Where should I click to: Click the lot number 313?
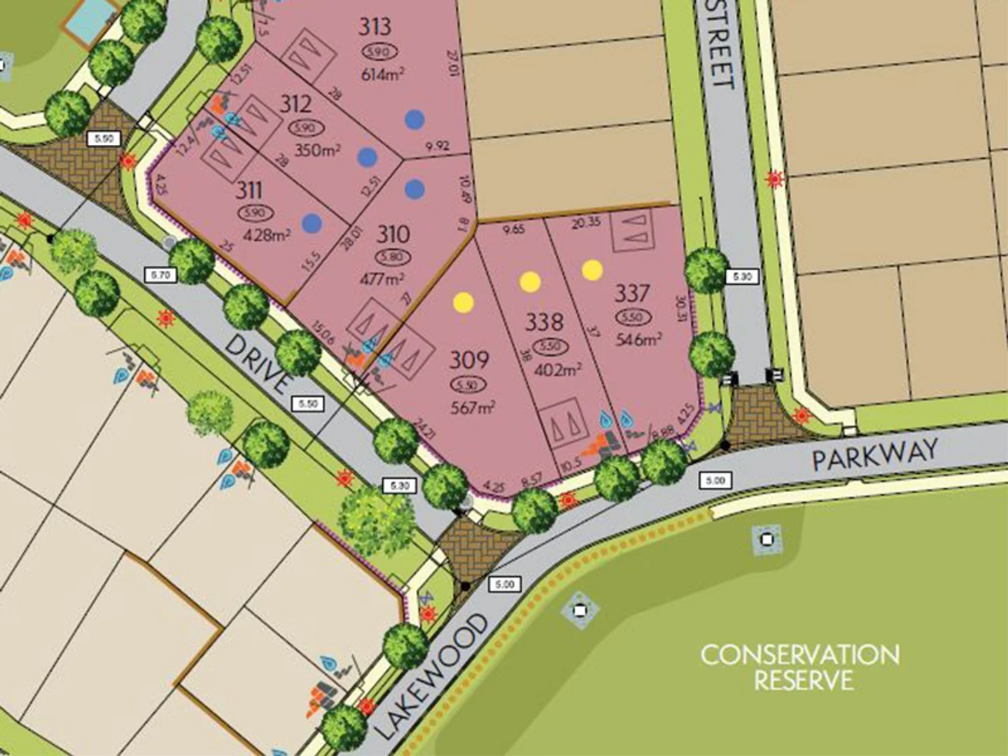point(374,27)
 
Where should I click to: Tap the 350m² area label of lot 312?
point(317,150)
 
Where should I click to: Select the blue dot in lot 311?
point(312,223)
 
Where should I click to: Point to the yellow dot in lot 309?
point(463,302)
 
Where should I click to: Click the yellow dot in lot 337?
point(592,269)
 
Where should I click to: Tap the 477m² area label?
point(382,279)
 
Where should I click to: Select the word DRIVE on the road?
point(258,363)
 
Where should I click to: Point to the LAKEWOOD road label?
point(431,676)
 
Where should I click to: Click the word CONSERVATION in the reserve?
point(799,656)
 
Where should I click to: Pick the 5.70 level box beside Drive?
point(161,275)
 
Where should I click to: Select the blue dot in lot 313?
point(415,119)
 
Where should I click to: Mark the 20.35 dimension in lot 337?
point(586,224)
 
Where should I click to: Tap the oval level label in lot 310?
point(393,257)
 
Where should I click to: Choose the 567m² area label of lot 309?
point(473,407)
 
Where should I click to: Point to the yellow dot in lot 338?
point(530,282)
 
